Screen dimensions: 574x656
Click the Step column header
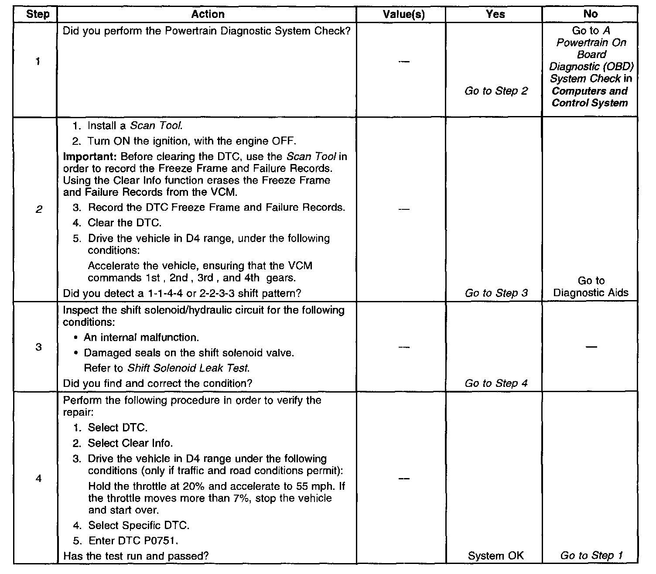pyautogui.click(x=38, y=14)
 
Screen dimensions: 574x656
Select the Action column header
pyautogui.click(x=208, y=14)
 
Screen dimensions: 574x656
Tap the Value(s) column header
pyautogui.click(x=403, y=14)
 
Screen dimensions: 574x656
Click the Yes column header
pyautogui.click(x=495, y=14)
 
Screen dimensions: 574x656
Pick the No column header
pyautogui.click(x=590, y=14)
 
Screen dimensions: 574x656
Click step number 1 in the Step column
pyautogui.click(x=38, y=61)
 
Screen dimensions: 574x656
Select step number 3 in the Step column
pyautogui.click(x=38, y=347)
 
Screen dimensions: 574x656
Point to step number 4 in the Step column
pyautogui.click(x=38, y=478)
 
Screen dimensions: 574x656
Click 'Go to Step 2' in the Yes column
pyautogui.click(x=496, y=91)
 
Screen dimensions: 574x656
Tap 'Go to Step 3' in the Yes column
pyautogui.click(x=496, y=293)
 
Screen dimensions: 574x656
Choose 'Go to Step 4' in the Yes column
pyautogui.click(x=496, y=383)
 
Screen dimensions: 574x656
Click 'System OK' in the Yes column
pyautogui.click(x=495, y=556)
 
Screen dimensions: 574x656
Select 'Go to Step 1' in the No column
pyautogui.click(x=591, y=555)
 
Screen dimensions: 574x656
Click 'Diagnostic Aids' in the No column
pyautogui.click(x=591, y=292)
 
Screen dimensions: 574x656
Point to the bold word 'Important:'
pyautogui.click(x=90, y=156)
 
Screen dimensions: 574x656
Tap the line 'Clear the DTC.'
pyautogui.click(x=124, y=223)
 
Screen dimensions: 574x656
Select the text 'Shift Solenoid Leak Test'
pyautogui.click(x=188, y=368)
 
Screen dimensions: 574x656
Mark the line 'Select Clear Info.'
pyautogui.click(x=130, y=443)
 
